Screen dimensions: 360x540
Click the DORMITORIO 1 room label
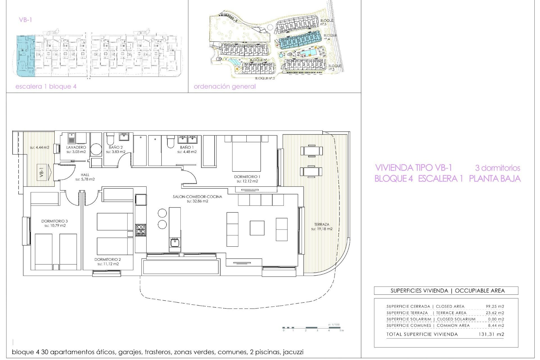pos(247,177)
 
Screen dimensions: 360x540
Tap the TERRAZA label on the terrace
pos(322,224)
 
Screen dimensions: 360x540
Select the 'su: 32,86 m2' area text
pos(197,201)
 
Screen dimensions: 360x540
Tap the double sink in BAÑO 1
pos(187,139)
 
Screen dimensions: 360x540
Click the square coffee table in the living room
pos(257,228)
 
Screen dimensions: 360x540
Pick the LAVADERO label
pos(76,147)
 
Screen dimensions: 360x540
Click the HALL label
pos(85,175)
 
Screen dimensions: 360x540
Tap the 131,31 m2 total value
pos(491,334)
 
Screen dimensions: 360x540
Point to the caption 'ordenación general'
pos(224,87)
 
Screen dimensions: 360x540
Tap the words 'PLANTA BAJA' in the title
pos(495,179)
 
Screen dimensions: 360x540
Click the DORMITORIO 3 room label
pos(55,221)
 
